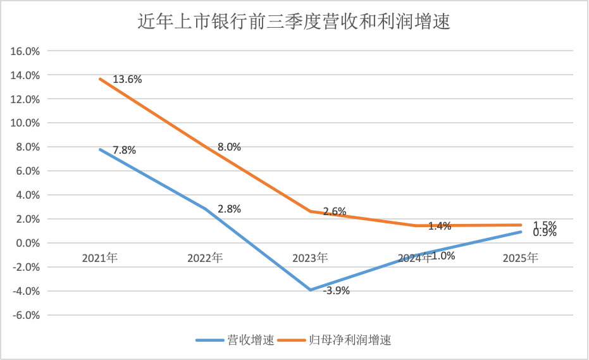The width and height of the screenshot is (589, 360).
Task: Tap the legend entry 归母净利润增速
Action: (x=350, y=340)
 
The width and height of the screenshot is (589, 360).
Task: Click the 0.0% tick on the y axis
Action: (x=27, y=243)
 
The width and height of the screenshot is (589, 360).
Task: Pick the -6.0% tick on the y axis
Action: (x=26, y=315)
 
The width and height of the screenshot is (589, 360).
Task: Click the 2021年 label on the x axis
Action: (x=100, y=258)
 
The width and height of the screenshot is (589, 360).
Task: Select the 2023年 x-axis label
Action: (x=310, y=258)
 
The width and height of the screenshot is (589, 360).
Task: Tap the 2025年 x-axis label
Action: (x=520, y=258)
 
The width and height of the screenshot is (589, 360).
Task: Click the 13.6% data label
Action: (x=127, y=80)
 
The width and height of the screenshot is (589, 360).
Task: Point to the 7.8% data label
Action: (x=124, y=151)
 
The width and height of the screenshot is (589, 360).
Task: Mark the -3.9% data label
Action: (x=336, y=291)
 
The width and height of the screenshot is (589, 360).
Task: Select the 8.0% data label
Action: (x=229, y=147)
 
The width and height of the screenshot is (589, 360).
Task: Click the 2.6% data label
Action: (x=334, y=212)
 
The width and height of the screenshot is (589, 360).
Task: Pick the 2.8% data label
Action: (x=229, y=209)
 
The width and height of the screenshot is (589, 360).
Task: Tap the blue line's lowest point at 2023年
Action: (x=310, y=290)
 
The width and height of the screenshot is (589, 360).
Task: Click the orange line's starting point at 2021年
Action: (x=100, y=79)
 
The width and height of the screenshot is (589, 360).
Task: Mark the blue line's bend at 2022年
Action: (x=205, y=209)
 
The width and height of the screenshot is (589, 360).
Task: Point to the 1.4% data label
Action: (x=439, y=226)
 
